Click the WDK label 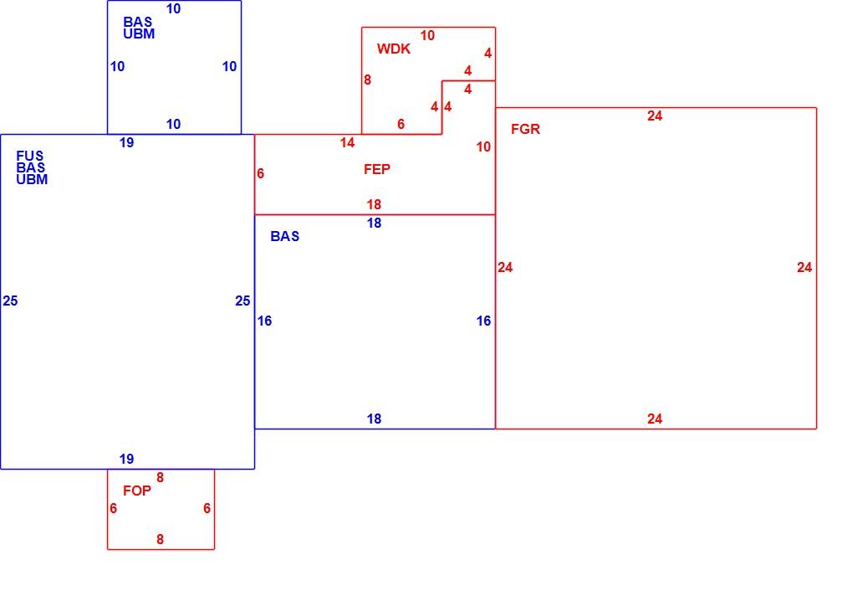click(x=393, y=49)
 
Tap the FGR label click(x=525, y=129)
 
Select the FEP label click(x=377, y=169)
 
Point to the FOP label click(x=137, y=491)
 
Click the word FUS click(x=29, y=156)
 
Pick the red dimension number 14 click(x=347, y=143)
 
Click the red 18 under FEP click(x=374, y=205)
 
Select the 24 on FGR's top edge click(x=655, y=116)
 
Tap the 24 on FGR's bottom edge click(x=655, y=419)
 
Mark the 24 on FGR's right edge click(x=804, y=267)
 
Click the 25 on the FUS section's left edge click(x=10, y=301)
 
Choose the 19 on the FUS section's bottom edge click(x=126, y=459)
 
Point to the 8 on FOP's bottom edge click(x=160, y=539)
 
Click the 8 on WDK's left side click(x=367, y=80)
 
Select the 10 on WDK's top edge click(x=427, y=36)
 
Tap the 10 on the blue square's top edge click(x=173, y=8)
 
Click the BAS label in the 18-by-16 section click(x=284, y=236)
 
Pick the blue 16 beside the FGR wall click(x=483, y=321)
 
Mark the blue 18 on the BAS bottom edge click(x=374, y=419)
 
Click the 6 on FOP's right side click(x=207, y=508)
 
